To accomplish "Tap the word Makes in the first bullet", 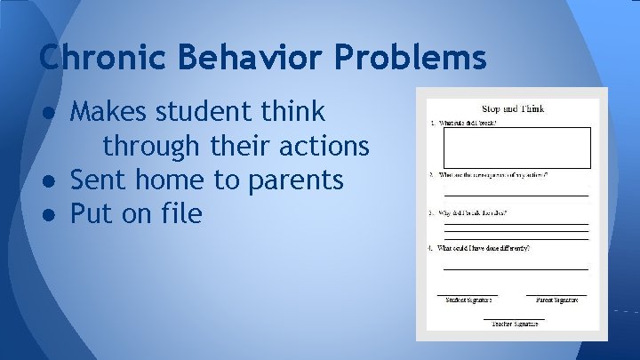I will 109,112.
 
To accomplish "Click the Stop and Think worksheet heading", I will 513,109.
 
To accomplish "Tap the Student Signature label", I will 468,300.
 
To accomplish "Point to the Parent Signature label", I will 556,300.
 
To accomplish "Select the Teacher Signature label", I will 514,324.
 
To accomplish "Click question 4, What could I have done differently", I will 482,248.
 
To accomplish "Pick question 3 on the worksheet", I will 471,213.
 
